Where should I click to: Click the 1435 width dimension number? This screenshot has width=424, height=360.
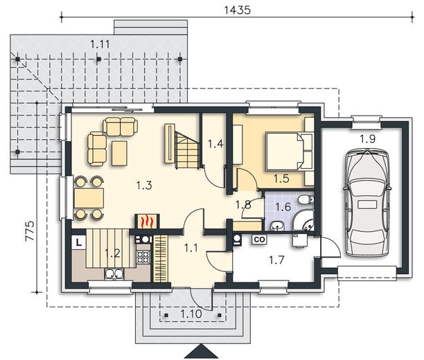(x=238, y=10)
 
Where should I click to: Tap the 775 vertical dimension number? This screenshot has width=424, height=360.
(x=30, y=231)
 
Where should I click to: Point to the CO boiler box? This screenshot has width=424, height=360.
(x=259, y=239)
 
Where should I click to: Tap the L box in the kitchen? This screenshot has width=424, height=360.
(x=79, y=242)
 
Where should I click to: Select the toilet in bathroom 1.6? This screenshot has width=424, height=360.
(x=307, y=200)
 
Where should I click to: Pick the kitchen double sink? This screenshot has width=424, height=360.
(x=114, y=274)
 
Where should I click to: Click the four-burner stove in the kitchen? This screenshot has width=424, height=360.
(x=143, y=258)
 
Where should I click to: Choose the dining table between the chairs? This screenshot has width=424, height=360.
(x=89, y=198)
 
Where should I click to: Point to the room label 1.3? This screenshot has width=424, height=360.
(x=144, y=186)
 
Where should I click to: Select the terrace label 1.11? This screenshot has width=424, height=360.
(x=100, y=44)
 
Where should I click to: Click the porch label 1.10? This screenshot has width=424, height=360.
(x=191, y=314)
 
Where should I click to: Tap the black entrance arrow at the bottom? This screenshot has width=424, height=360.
(x=201, y=352)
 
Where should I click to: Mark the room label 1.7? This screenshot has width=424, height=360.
(x=276, y=260)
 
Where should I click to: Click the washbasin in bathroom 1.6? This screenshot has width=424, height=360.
(x=276, y=226)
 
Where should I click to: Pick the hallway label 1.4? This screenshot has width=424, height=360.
(x=215, y=144)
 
